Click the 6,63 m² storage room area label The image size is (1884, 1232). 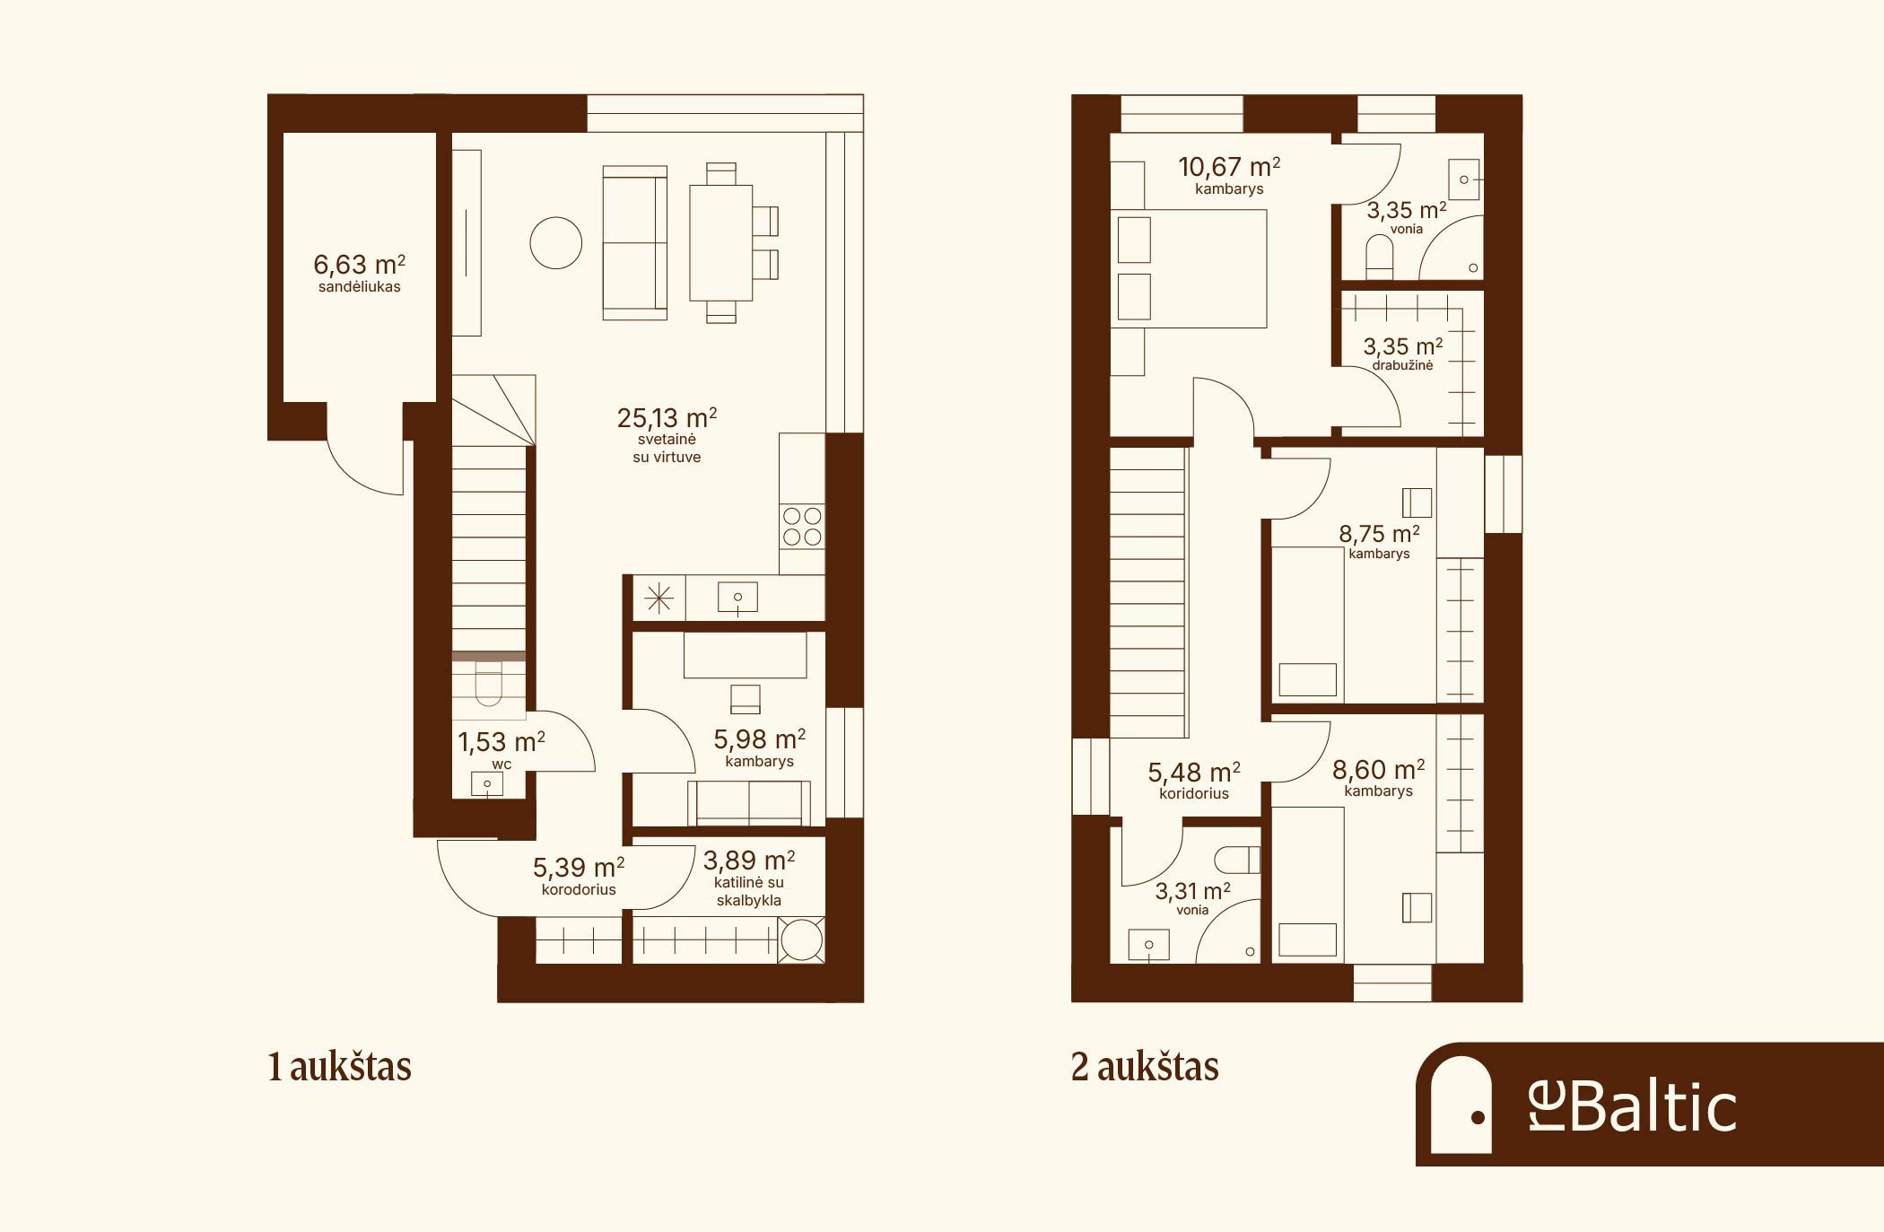359,265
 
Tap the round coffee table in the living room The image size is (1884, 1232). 556,243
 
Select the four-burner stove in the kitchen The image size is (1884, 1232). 802,527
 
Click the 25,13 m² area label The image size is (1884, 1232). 667,418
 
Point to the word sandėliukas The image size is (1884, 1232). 359,287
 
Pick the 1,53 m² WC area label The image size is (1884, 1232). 502,742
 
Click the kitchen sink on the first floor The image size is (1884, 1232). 737,598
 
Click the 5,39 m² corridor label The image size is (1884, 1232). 579,868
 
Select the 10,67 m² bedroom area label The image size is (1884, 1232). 1229,167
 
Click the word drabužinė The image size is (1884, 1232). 1402,365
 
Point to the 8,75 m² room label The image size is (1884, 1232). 1379,534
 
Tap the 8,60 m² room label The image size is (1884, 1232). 1379,770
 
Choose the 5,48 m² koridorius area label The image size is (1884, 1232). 1194,773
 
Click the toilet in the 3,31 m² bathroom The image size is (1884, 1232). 1238,861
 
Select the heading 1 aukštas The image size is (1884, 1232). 339,1067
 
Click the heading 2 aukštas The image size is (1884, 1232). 1145,1067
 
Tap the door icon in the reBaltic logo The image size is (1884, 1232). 1461,1105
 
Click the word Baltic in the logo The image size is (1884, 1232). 1653,1107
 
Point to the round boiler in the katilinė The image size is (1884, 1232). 801,940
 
